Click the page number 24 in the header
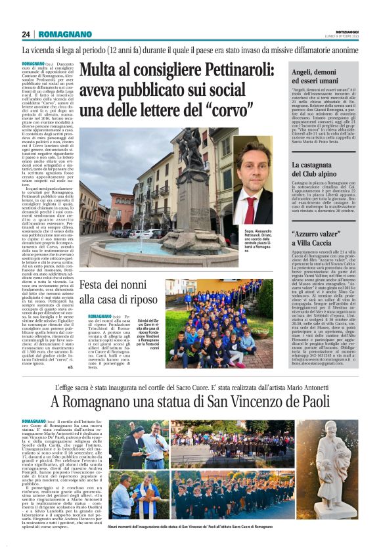[x=26, y=34]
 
